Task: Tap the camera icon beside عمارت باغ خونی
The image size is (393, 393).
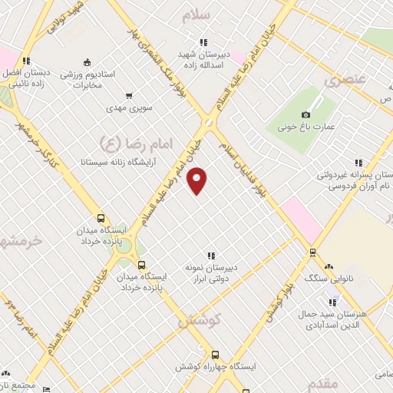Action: click(306, 114)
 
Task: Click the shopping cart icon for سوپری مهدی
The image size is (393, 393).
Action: click(128, 96)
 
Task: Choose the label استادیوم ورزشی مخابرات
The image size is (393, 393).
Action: click(87, 80)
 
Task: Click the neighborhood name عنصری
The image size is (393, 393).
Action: click(342, 80)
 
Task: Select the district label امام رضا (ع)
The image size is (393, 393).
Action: click(127, 142)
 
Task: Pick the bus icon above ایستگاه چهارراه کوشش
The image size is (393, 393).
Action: click(214, 355)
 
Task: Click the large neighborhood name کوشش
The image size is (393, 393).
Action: click(199, 321)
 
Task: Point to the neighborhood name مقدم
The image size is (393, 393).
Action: click(322, 382)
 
